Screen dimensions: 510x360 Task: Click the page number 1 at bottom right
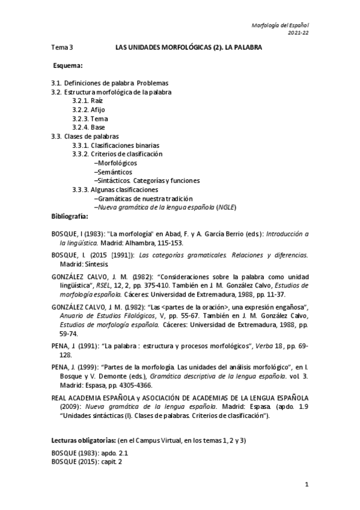click(307, 484)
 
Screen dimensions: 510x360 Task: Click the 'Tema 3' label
click(62, 46)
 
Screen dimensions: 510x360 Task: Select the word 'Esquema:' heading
click(67, 65)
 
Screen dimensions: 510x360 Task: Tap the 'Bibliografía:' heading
click(70, 215)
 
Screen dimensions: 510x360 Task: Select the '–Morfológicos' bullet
click(115, 163)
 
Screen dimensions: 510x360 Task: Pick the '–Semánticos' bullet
click(113, 171)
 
